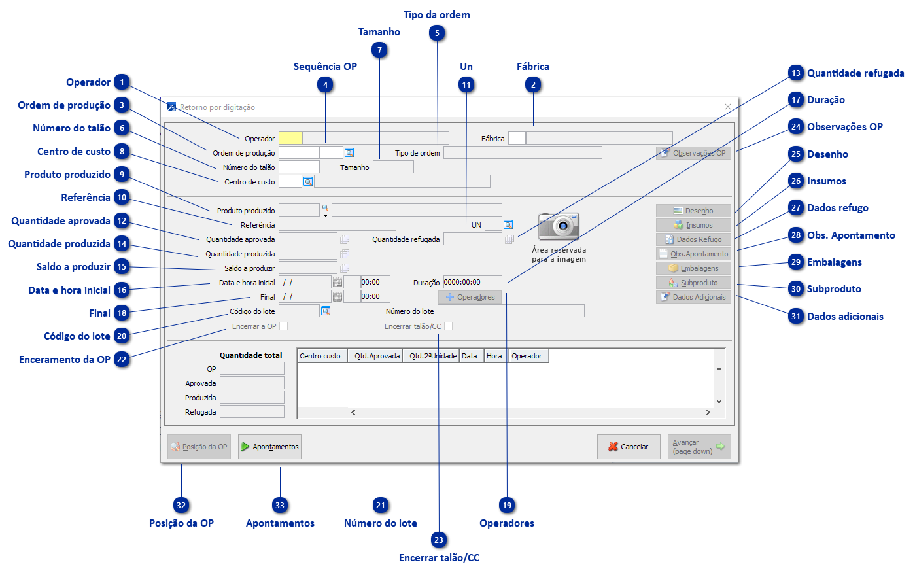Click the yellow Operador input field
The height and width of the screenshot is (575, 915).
coord(290,138)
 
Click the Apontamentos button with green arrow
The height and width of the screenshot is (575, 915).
coord(269,447)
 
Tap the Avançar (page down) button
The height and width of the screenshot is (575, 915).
coord(699,447)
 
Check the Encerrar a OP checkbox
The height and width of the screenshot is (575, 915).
coord(283,326)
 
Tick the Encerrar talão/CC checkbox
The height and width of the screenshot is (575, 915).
coord(448,326)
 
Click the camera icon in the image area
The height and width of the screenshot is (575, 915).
coord(559,226)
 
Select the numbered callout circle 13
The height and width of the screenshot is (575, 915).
coord(796,73)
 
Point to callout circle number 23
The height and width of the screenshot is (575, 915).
coord(439,540)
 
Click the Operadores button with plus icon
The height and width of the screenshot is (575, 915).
coord(470,297)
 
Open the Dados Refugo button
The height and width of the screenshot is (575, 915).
coord(693,239)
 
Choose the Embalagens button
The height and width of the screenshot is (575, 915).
coord(693,268)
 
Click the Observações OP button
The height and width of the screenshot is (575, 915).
coord(693,153)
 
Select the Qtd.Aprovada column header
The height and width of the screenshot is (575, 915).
coord(376,356)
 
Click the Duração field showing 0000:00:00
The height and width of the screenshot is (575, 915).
coord(472,282)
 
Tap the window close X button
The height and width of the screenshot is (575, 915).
coord(728,107)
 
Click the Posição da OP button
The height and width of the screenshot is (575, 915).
coord(199,447)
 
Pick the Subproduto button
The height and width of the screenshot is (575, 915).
coord(693,283)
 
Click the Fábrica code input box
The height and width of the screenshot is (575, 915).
coord(516,138)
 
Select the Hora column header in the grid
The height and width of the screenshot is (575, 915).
coord(494,356)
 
